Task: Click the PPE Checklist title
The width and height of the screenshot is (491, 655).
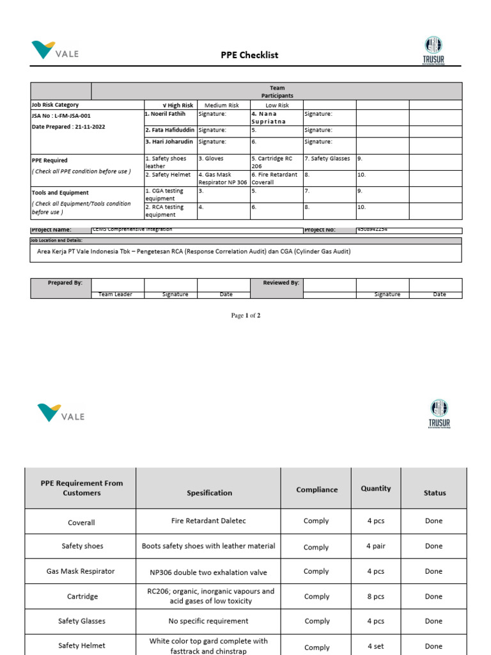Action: [249, 55]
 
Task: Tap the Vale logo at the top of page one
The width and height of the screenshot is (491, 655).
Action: [55, 51]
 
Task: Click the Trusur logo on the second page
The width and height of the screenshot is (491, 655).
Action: [439, 414]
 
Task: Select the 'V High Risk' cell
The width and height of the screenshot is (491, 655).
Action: [170, 105]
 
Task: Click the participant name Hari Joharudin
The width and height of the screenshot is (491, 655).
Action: [169, 141]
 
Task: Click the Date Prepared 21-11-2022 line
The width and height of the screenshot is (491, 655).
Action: [68, 127]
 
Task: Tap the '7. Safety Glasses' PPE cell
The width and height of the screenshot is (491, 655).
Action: [327, 159]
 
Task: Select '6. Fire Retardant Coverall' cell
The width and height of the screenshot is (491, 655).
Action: [275, 178]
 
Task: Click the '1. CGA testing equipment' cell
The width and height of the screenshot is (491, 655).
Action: [169, 194]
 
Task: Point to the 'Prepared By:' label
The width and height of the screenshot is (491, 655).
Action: [65, 282]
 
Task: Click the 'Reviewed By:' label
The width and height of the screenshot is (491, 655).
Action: [281, 282]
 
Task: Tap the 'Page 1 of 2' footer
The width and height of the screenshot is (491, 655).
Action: [245, 315]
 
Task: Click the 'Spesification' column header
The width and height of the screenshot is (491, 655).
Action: [209, 493]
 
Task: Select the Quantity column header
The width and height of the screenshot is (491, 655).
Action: [375, 488]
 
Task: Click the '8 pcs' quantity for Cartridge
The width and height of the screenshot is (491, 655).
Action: [375, 596]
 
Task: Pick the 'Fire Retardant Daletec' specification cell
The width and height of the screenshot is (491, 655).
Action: [208, 521]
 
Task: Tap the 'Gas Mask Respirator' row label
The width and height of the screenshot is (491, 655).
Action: [81, 571]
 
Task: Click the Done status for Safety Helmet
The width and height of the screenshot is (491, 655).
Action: [433, 646]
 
